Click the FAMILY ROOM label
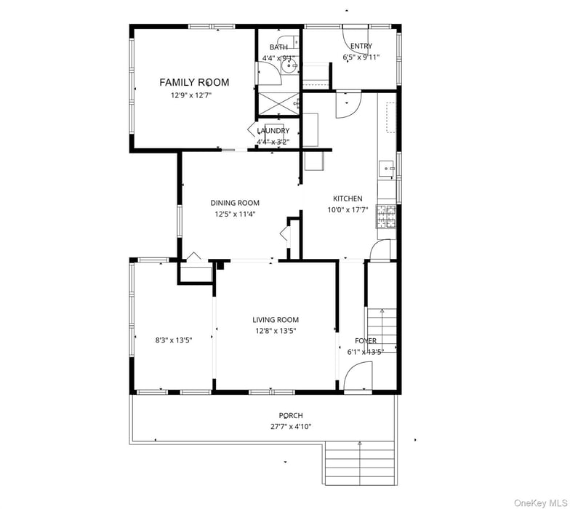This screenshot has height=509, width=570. tap(194, 83)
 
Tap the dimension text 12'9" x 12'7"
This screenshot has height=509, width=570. tap(194, 95)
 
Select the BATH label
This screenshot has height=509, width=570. tap(278, 47)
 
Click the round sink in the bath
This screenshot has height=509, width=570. tap(290, 67)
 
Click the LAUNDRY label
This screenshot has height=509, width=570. tap(273, 131)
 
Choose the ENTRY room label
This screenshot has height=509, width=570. tap(361, 47)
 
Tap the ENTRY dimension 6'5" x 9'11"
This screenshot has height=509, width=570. tap(361, 57)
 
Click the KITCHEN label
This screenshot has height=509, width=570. tap(348, 199)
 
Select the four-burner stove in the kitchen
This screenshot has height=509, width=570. tap(386, 216)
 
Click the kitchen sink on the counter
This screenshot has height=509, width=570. tap(385, 169)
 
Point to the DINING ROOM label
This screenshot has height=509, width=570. tap(235, 204)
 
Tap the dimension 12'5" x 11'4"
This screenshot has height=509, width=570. tap(235, 215)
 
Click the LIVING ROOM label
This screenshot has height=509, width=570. tap(276, 320)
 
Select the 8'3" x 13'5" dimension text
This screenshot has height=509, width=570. tap(173, 340)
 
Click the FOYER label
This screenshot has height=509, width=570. tap(365, 341)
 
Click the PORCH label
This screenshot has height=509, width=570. tap(291, 416)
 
